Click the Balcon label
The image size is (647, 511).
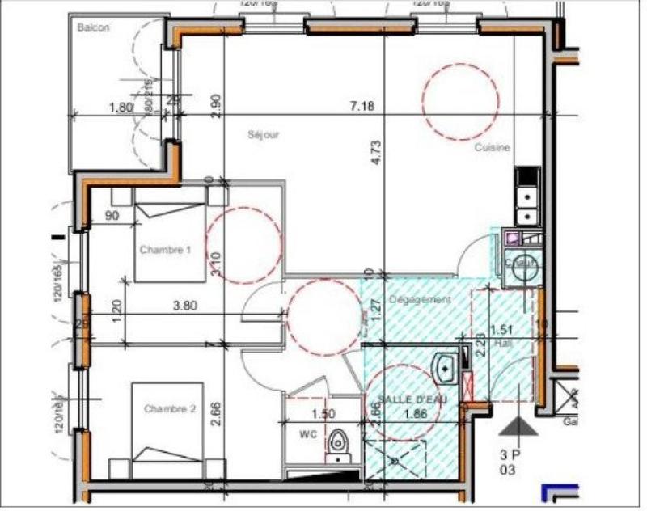point(93,27)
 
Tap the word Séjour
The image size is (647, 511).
point(263,135)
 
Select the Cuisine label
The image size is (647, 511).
point(492,148)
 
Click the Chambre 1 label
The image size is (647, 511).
point(165,250)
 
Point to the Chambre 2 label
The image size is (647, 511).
point(170,409)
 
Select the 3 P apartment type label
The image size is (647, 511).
point(510,454)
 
